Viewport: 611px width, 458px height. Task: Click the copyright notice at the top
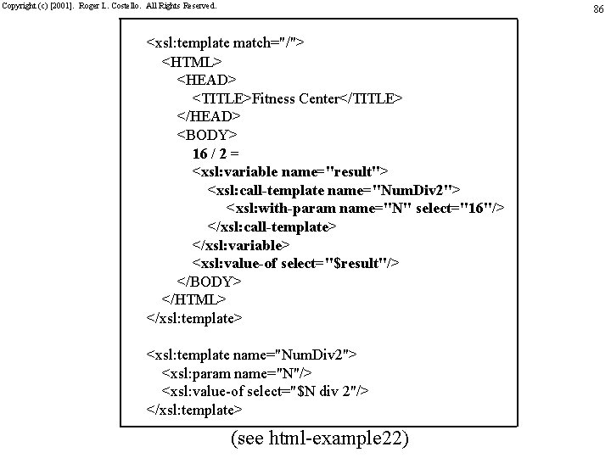[109, 6]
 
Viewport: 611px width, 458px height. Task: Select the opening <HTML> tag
[192, 62]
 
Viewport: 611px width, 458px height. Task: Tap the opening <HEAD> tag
[206, 80]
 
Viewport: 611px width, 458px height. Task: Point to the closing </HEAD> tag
[209, 116]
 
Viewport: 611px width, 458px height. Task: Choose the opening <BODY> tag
[207, 135]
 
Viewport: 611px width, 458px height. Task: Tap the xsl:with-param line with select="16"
[365, 209]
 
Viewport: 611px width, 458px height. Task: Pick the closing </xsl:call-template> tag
[272, 226]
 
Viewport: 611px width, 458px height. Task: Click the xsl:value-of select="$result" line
[295, 264]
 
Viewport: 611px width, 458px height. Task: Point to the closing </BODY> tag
[210, 282]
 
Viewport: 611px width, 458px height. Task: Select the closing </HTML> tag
[194, 300]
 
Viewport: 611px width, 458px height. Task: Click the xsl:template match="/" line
[225, 43]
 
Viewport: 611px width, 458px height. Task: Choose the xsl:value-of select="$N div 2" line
[265, 391]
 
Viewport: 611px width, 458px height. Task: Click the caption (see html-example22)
[319, 438]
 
